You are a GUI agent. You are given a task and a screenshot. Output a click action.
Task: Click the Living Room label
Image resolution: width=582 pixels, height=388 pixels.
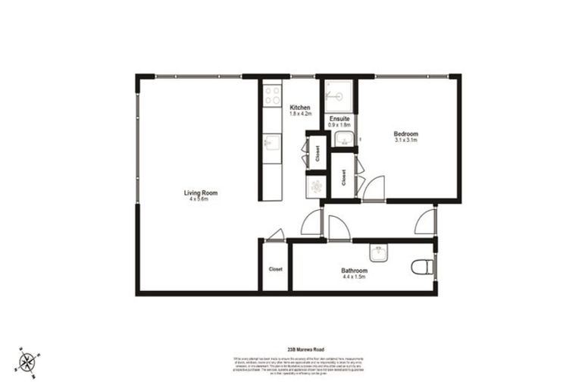[x=196, y=192]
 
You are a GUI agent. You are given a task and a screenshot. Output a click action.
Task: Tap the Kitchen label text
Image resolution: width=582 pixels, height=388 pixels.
[x=300, y=108]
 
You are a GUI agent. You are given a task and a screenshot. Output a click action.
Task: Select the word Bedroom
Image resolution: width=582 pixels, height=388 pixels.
[x=406, y=133]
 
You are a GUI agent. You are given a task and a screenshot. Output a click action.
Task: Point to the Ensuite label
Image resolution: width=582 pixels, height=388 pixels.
[x=339, y=118]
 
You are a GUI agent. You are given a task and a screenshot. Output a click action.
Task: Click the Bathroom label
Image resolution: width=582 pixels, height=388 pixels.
[x=354, y=271]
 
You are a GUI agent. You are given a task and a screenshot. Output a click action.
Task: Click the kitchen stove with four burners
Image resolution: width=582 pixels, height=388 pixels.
[x=271, y=95]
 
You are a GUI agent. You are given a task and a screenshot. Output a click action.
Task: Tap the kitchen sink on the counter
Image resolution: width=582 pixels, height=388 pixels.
[x=271, y=142]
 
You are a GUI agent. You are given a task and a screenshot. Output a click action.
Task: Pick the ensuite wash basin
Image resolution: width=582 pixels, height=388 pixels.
[x=343, y=139]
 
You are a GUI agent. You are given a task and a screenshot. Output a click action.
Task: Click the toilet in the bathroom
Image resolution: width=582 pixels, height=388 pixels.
[x=423, y=267]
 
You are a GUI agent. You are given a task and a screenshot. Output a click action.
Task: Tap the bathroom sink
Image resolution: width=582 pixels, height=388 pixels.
[x=378, y=253]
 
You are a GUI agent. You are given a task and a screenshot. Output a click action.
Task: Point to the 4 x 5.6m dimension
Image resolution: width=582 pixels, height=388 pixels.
[x=196, y=199]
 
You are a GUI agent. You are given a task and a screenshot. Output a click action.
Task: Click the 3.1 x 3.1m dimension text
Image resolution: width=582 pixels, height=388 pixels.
[x=406, y=140]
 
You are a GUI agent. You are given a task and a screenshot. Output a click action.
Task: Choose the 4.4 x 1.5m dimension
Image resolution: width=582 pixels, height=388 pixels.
[x=354, y=277]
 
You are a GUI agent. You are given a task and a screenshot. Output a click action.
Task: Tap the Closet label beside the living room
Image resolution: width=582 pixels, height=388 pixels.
[x=276, y=268]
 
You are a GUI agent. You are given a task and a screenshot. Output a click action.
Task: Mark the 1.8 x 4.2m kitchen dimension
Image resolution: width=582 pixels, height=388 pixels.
[x=300, y=114]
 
